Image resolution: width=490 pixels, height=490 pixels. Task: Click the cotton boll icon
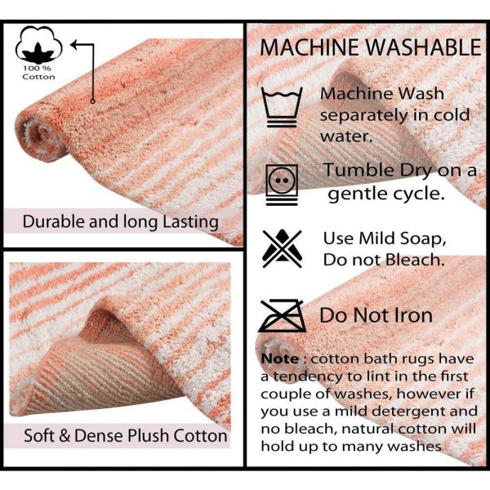click(38, 45)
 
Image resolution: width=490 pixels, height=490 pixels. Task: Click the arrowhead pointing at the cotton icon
click(73, 45)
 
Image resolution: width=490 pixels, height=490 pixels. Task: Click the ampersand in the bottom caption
click(65, 435)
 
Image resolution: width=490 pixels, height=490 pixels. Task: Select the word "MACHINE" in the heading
click(309, 47)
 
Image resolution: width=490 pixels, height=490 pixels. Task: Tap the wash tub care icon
click(282, 107)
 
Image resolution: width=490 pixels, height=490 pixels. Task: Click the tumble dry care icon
click(282, 185)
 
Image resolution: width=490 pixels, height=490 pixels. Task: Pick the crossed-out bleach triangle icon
click(283, 248)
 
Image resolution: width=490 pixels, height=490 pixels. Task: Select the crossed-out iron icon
click(283, 315)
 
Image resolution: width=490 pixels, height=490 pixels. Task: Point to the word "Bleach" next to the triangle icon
click(415, 260)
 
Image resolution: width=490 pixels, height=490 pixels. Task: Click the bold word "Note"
click(280, 359)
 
